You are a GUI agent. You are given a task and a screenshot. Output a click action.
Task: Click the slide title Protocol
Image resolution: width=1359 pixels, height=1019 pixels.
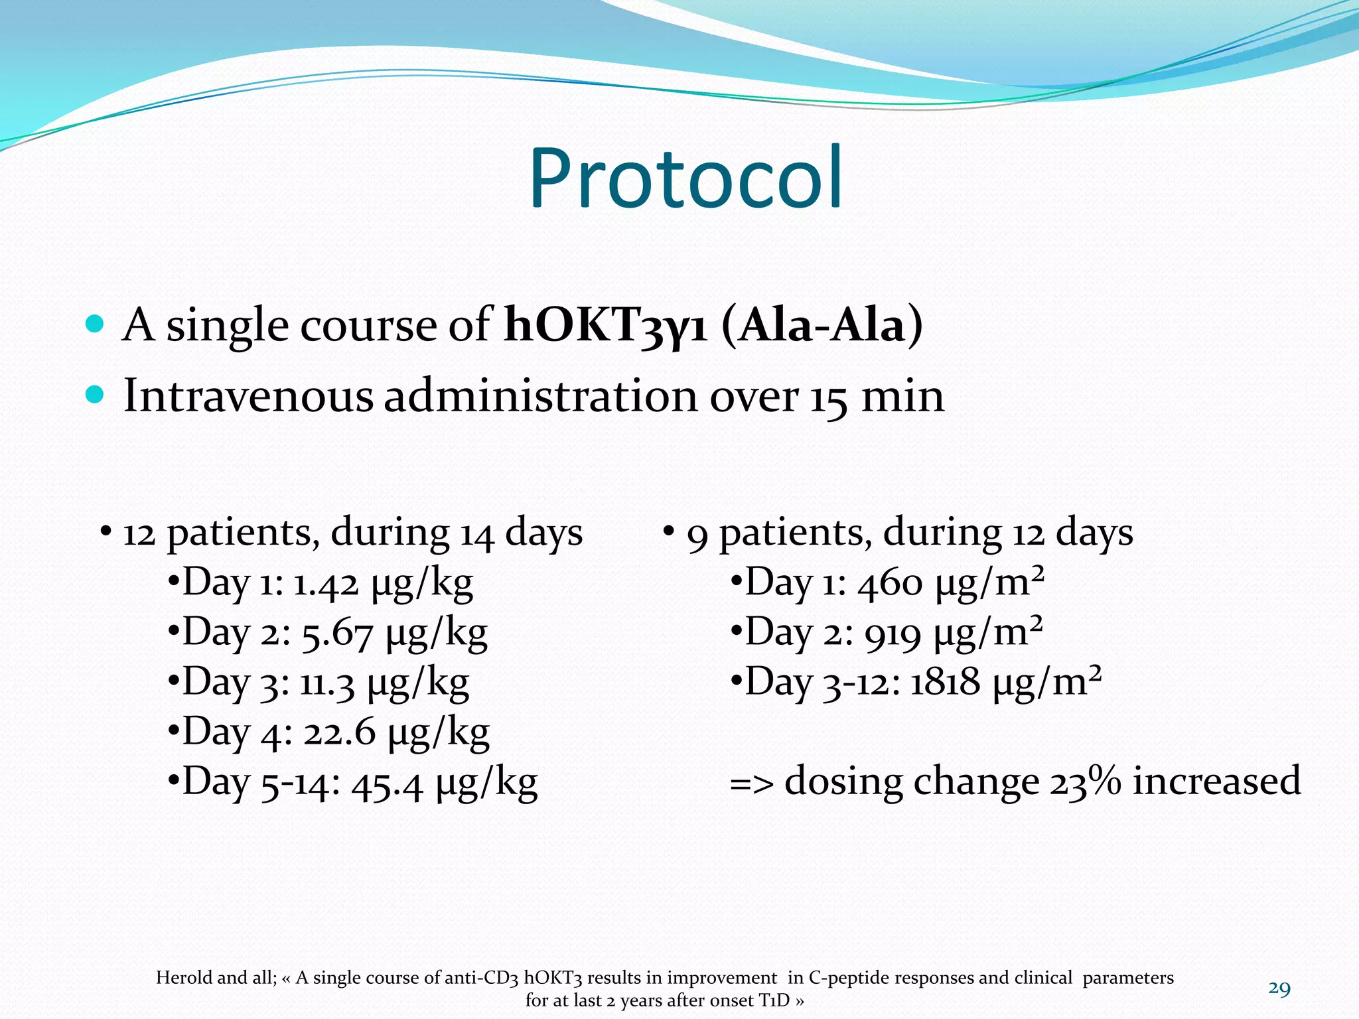tap(685, 178)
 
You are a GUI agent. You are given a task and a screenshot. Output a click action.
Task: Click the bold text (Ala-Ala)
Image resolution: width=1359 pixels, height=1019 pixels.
tap(822, 325)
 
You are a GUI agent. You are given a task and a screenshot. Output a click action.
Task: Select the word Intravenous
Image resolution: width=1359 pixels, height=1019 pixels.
tap(248, 396)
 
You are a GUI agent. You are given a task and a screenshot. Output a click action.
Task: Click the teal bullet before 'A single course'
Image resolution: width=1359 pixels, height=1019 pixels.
tap(96, 324)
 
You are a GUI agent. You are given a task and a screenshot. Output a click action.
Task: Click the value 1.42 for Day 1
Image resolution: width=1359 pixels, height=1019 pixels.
tap(326, 584)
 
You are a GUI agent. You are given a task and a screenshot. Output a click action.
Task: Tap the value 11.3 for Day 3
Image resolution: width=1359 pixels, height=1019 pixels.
tap(327, 683)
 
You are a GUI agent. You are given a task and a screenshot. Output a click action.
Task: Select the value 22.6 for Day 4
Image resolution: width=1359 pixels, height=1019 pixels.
tap(339, 733)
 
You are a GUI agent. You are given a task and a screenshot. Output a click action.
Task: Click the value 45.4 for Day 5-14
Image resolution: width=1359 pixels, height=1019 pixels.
tap(387, 783)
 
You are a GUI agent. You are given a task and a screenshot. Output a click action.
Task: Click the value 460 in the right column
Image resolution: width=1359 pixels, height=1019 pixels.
tap(890, 584)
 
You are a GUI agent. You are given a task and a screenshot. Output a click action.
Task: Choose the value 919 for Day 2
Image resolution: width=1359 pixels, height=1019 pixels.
tap(893, 634)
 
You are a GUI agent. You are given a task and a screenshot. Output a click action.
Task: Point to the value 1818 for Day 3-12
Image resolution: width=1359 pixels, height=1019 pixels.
tap(944, 683)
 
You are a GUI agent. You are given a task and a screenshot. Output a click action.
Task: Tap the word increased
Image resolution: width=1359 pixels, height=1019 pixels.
tap(1216, 780)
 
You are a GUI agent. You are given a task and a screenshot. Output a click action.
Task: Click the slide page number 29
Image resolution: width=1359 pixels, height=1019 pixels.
tap(1279, 988)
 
